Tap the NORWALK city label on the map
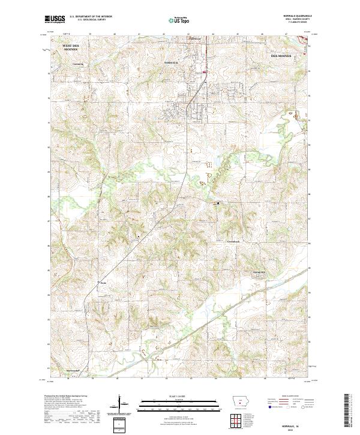172,62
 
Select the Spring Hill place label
258,272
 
